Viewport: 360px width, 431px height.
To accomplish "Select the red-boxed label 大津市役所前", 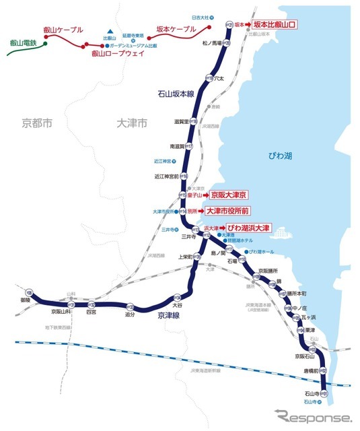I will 233,211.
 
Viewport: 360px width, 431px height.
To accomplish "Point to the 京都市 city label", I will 36,123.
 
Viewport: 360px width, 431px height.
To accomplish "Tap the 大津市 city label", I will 131,123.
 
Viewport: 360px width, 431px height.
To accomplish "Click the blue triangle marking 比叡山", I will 109,31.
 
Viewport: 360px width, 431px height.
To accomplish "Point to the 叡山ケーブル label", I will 63,30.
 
